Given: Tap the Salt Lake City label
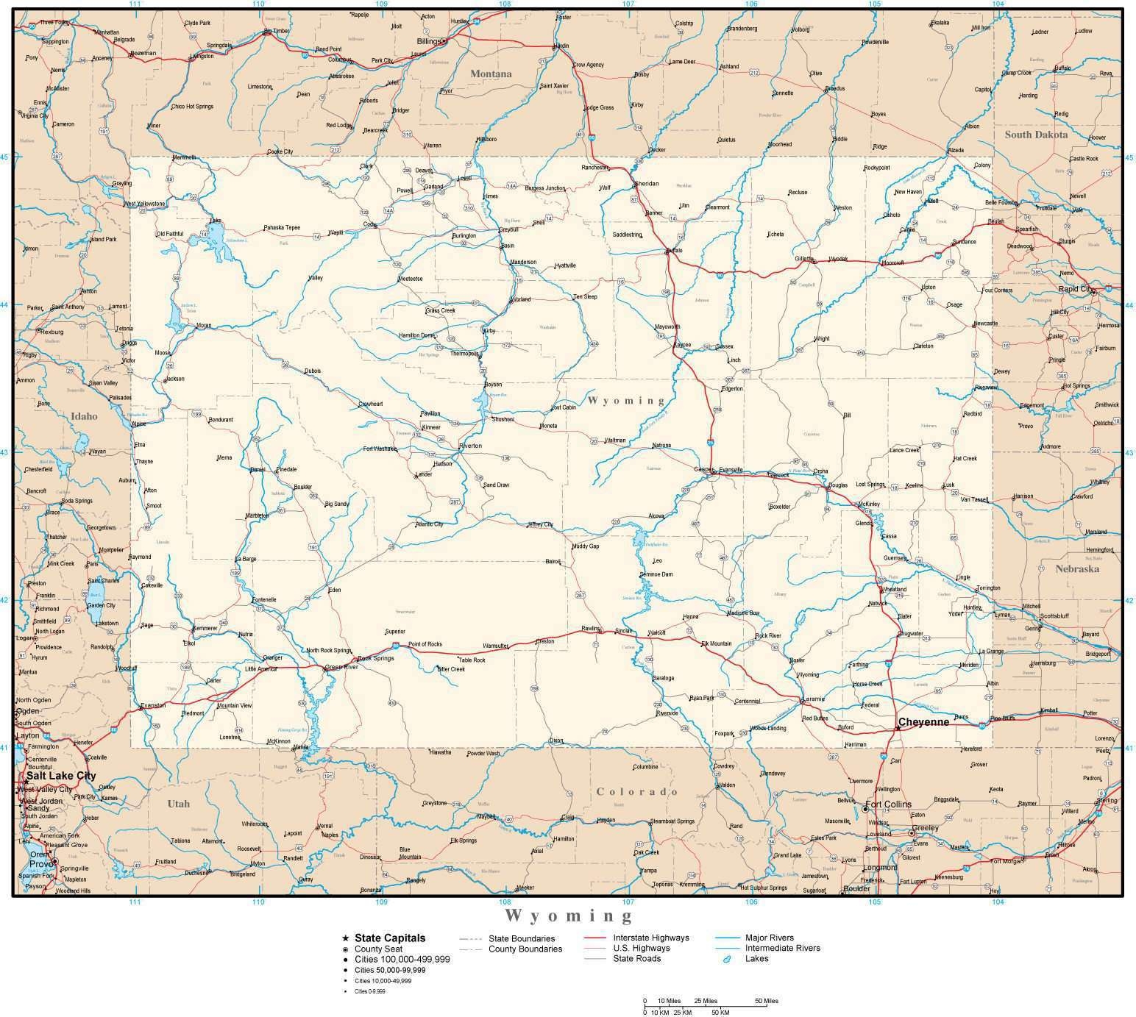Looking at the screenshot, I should point(61,776).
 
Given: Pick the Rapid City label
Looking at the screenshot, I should point(1075,289).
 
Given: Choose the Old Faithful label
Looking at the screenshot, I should point(169,235).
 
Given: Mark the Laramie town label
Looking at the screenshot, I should point(814,699).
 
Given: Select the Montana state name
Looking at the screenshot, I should point(491,74).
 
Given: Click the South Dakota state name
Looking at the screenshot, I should point(1036,135).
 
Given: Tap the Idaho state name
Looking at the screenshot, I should point(84,416).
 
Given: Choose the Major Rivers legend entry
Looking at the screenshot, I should point(769,938).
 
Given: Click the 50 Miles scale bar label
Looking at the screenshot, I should point(766,1001).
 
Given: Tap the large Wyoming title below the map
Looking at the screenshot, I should point(568,916).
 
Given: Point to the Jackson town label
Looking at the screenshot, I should point(174,379).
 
